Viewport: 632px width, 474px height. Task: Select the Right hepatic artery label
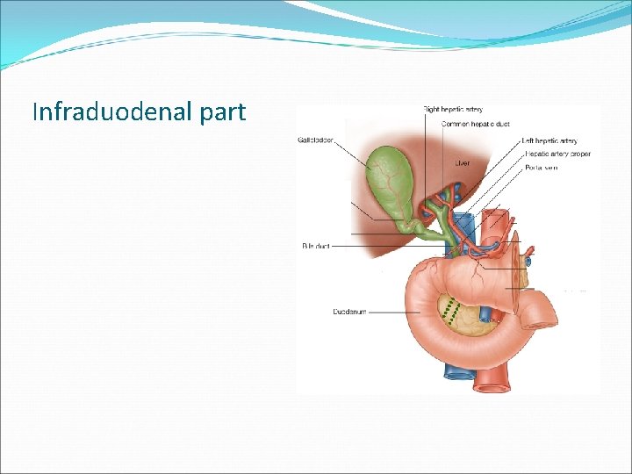pos(453,110)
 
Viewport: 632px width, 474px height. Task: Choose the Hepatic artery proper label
pos(557,154)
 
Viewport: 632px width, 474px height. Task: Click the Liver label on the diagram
pos(463,162)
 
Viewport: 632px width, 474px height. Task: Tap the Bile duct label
pos(316,247)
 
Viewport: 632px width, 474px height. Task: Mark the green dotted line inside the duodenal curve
pos(450,312)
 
